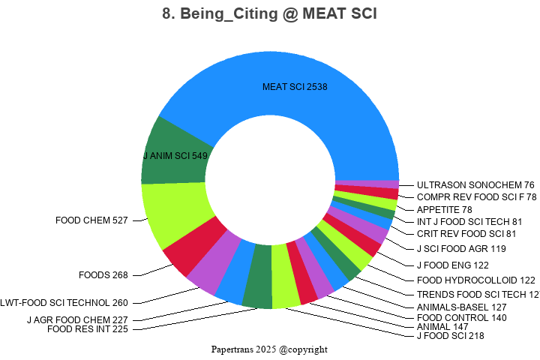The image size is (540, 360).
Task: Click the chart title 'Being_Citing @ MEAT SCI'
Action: [269, 14]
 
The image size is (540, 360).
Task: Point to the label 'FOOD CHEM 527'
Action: [91, 220]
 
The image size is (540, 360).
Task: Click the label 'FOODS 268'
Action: [103, 274]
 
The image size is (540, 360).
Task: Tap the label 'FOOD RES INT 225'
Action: [88, 329]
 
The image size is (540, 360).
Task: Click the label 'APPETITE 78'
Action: [445, 209]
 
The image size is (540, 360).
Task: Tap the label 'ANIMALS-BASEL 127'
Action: [461, 307]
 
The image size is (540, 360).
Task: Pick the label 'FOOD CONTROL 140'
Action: [462, 317]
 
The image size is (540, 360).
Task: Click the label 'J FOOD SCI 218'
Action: [450, 336]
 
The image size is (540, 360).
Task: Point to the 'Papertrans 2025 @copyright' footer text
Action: [269, 349]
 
